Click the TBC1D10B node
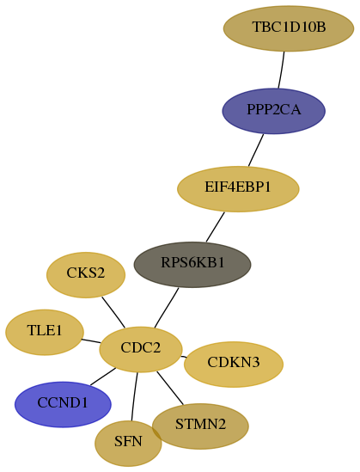[289, 28]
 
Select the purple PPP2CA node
[274, 111]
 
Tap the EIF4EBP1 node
[238, 189]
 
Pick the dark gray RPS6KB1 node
[192, 264]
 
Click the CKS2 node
[86, 275]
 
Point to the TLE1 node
[45, 332]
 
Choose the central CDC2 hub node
[141, 349]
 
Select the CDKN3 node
[234, 364]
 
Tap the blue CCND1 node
[63, 404]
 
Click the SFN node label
[128, 441]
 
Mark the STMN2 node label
[200, 424]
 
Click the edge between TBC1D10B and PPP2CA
[282, 70]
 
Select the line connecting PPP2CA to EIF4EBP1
[256, 150]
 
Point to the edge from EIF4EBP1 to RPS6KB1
[216, 227]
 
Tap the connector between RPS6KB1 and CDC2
[167, 307]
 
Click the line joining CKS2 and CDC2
[113, 312]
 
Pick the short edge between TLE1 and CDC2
[91, 341]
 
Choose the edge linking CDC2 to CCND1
[103, 377]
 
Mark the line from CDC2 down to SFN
[134, 396]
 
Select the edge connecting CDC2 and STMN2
[170, 388]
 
